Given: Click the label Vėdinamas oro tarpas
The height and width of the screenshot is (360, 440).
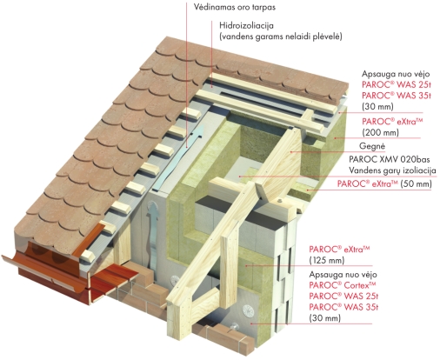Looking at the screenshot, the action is point(235,7).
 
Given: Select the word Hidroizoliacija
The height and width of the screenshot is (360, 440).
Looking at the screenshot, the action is point(246,25).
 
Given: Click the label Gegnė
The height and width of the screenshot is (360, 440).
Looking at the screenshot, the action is point(372,146).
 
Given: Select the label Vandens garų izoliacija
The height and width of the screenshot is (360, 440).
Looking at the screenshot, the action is point(392,170).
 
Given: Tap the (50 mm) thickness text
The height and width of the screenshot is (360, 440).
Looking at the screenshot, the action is point(416,183).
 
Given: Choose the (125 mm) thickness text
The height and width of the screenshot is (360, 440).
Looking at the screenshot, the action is point(327,260).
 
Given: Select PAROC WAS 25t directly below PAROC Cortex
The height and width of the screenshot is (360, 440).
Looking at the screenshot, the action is point(343,297).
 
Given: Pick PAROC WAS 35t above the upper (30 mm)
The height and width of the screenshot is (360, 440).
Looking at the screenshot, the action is point(397,96).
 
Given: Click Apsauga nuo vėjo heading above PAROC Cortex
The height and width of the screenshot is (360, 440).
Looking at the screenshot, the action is point(343,275).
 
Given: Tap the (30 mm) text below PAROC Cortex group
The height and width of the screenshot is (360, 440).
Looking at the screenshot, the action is point(324,318).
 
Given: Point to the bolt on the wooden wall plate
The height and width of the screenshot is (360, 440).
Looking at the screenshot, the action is point(279,202).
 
